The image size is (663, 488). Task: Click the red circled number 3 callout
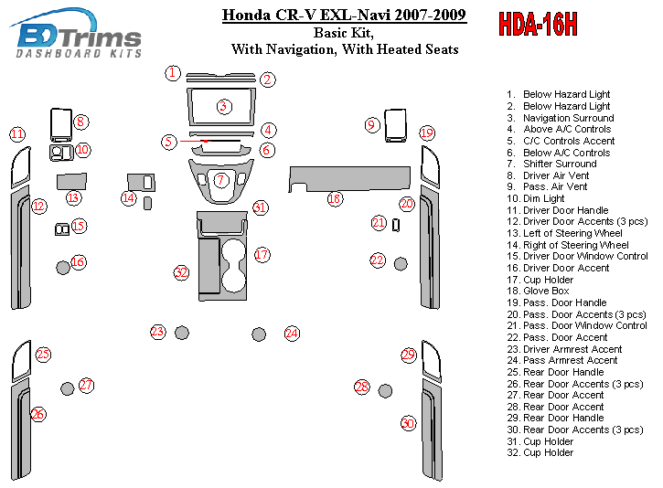(x=222, y=107)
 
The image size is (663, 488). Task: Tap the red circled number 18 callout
(x=335, y=198)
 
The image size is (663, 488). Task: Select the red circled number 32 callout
(x=181, y=272)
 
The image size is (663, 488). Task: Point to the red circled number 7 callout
(x=221, y=180)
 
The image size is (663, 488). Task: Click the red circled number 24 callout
(x=292, y=334)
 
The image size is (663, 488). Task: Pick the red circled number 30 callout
(x=408, y=423)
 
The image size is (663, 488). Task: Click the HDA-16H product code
(x=538, y=26)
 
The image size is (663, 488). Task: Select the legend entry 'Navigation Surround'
(x=568, y=118)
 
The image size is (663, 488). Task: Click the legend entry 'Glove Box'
(x=547, y=291)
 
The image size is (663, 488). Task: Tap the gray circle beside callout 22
(x=401, y=264)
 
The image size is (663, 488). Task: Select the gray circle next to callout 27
(x=68, y=389)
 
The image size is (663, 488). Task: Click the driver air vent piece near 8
(x=60, y=124)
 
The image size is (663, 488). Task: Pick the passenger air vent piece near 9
(x=395, y=126)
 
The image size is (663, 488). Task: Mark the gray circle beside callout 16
(x=62, y=267)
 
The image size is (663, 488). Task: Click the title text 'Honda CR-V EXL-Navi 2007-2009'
(x=344, y=15)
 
